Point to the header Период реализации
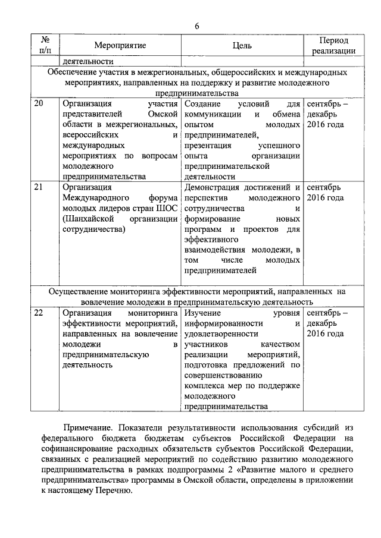[333, 46]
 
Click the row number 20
[39, 104]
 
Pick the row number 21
[39, 188]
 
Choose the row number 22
[39, 312]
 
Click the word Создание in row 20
[202, 104]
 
